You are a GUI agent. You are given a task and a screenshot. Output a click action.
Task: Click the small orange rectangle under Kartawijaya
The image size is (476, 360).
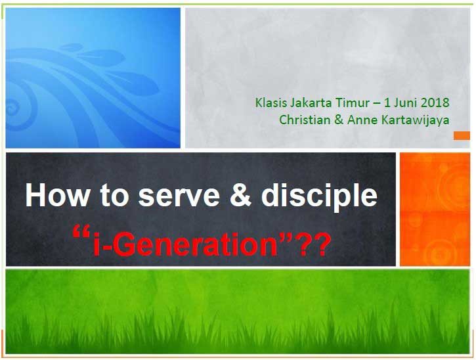462,135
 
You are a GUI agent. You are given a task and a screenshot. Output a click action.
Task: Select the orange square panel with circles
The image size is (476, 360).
435,209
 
